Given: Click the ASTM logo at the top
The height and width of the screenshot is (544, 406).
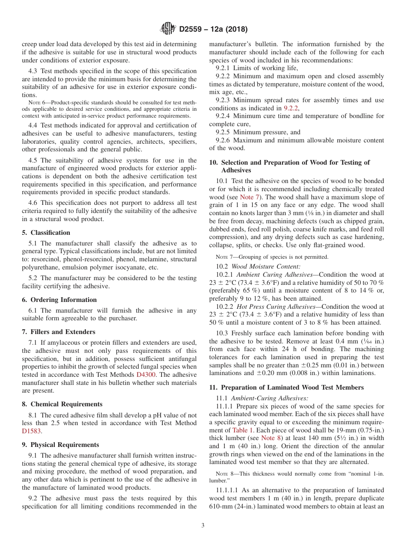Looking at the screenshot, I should coord(168,29).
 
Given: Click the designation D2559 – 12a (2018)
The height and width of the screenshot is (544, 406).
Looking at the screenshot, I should coord(213,30).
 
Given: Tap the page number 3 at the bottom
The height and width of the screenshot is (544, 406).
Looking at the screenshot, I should coord(203,525).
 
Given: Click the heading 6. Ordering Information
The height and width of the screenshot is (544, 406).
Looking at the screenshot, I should coord(59,300).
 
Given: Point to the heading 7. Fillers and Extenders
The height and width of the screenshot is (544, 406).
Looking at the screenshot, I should coord(58,332).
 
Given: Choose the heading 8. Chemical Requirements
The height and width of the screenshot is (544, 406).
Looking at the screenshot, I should coord(62,404).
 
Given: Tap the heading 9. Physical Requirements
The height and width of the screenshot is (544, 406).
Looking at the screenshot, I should coord(60,445).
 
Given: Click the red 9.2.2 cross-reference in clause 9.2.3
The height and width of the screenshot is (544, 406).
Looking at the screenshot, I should coord(291,108).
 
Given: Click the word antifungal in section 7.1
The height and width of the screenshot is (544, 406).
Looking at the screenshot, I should coord(181,359).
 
